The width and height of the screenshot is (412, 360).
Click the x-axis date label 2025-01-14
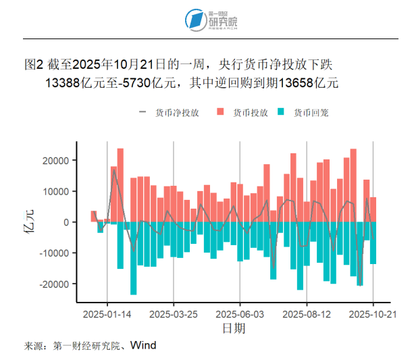(x=107, y=314)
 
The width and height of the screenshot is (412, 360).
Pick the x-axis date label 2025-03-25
(x=174, y=314)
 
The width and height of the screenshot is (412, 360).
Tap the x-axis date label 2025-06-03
(x=240, y=314)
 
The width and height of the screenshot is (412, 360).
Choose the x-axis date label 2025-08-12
(x=307, y=314)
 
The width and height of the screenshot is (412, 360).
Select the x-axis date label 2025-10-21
(x=373, y=314)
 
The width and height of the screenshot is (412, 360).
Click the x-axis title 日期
(x=234, y=329)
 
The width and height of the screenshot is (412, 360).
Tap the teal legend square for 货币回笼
(x=282, y=113)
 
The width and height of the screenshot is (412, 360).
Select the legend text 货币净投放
(x=177, y=113)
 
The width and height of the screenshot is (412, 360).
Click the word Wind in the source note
(x=143, y=346)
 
